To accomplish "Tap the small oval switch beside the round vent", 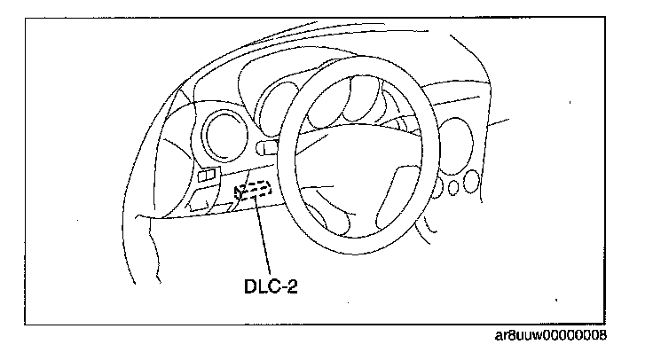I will tap(265, 147).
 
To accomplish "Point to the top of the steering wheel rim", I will tap(355, 63).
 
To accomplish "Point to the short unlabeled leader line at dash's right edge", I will tap(499, 125).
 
